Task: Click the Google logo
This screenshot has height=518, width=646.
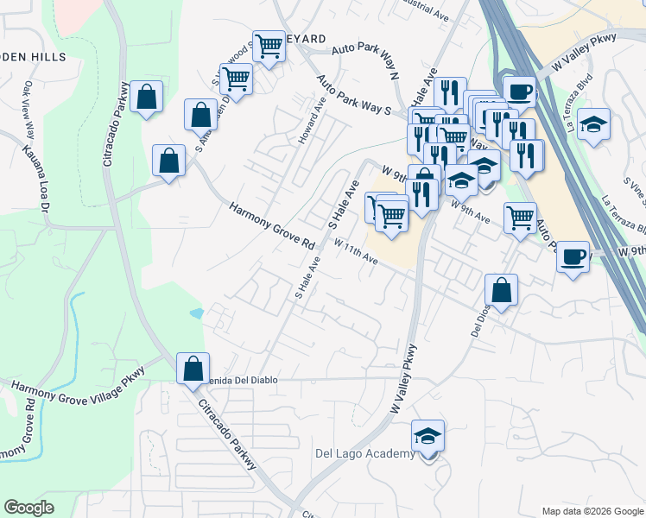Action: (x=29, y=508)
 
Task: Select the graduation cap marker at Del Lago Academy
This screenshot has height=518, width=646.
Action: (x=427, y=439)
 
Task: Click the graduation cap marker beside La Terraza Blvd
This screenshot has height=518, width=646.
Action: (x=593, y=125)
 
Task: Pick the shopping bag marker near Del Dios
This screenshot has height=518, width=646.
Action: (x=501, y=293)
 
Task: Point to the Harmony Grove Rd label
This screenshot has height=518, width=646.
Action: (x=273, y=227)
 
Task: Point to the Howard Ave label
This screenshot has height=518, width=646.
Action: (x=311, y=121)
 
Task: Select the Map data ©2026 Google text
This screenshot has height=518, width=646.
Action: (x=592, y=511)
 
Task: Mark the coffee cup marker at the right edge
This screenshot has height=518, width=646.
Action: (x=573, y=257)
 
